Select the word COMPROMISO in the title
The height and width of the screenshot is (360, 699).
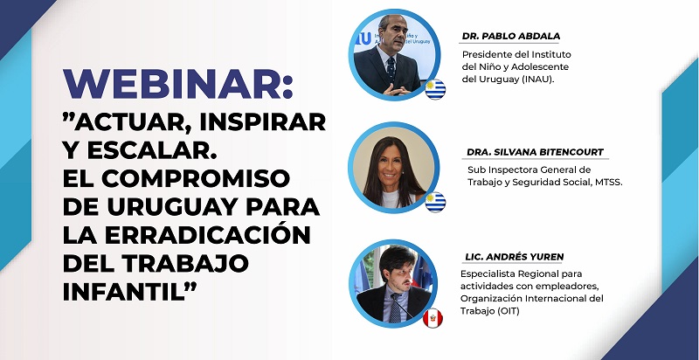click(196, 178)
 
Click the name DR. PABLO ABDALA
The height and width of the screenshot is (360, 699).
click(511, 37)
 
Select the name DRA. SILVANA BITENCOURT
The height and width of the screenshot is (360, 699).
click(535, 152)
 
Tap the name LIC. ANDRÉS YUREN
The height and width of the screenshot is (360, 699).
click(514, 257)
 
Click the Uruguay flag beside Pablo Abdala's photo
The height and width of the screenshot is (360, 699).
click(435, 89)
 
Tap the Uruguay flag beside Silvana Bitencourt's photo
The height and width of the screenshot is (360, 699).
click(435, 202)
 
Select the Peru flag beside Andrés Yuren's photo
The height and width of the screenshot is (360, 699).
click(433, 318)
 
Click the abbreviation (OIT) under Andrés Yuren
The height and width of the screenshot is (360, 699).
click(509, 311)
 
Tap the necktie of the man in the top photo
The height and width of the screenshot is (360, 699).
click(391, 69)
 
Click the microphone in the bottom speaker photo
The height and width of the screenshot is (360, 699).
click(402, 306)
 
